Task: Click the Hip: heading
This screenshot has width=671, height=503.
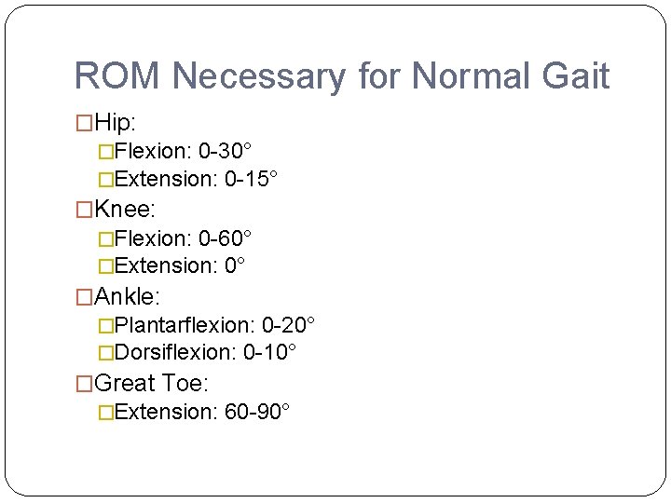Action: pos(116,121)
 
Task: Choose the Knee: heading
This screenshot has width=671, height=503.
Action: pos(125,209)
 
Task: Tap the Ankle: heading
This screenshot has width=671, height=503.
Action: pos(128,296)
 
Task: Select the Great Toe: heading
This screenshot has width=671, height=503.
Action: pos(152,383)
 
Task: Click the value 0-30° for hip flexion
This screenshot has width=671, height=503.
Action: pos(225,150)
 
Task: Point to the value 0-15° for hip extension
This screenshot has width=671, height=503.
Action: pos(251,178)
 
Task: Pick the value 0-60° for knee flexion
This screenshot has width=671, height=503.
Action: pos(225,238)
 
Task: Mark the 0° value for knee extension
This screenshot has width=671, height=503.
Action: pos(235,265)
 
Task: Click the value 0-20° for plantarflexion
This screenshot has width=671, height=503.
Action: pos(288,325)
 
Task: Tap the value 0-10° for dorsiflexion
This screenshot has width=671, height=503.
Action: pos(269,352)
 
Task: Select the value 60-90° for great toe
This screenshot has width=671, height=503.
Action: pos(257,412)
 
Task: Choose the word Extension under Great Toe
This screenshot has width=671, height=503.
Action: pos(165,412)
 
